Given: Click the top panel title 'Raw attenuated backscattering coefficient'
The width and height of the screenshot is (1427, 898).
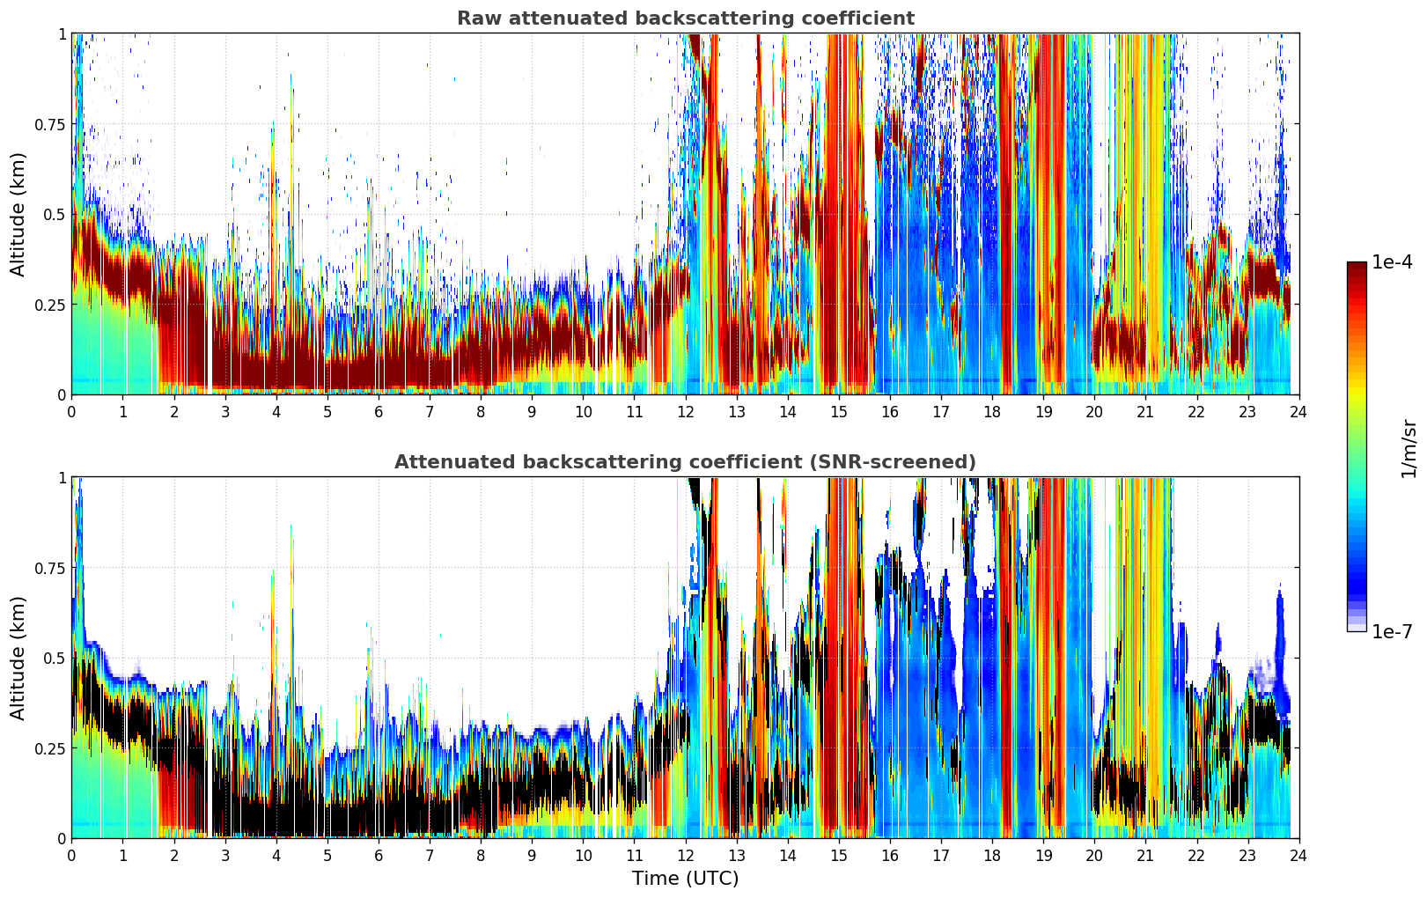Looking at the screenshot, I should [685, 18].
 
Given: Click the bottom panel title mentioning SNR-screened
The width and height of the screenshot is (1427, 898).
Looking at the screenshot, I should [685, 462].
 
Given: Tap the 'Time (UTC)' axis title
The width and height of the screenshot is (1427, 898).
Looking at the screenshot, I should [685, 879].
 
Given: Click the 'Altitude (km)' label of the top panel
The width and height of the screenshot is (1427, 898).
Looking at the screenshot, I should [18, 214].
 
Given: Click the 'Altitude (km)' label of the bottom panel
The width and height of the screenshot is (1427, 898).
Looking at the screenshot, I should [18, 658].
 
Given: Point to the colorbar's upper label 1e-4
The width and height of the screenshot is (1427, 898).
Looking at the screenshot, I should [1391, 262].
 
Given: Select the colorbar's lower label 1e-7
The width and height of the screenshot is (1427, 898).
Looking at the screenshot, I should [1391, 631].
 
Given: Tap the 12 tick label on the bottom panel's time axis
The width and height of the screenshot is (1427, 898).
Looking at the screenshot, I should [685, 855].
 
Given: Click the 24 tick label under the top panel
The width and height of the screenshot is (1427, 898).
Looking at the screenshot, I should [1298, 411].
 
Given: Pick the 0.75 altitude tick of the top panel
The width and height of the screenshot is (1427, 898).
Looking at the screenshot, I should [50, 124].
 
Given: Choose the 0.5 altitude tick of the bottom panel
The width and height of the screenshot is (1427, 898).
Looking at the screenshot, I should [55, 658].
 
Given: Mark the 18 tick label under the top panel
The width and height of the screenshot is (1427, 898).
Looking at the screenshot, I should [992, 411].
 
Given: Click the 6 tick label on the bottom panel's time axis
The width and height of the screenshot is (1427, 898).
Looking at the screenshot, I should [379, 855].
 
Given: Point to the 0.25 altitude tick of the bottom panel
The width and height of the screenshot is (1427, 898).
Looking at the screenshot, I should [50, 748].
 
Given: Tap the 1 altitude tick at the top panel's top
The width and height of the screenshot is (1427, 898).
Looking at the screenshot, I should [62, 33].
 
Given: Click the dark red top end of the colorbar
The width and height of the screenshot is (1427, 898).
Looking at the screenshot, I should [1356, 266].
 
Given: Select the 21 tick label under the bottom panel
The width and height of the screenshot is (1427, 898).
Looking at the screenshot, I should [1145, 855].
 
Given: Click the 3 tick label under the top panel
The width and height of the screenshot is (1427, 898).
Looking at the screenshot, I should [225, 411].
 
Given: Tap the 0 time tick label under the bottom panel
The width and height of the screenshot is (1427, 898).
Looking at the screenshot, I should [72, 855].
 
